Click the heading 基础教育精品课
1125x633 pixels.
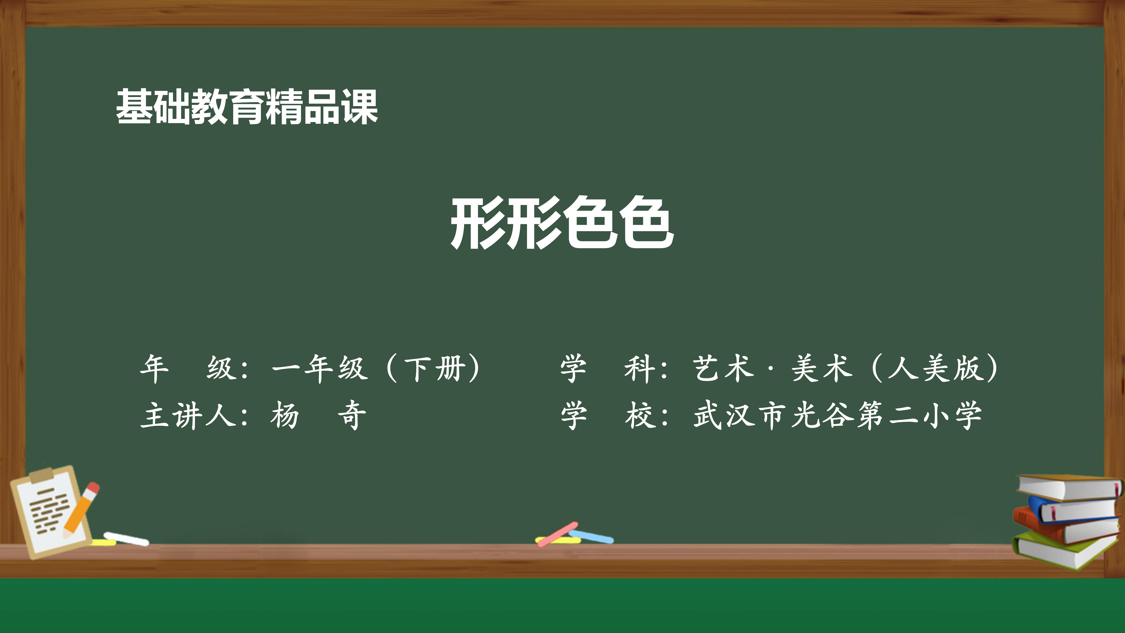[x=247, y=107]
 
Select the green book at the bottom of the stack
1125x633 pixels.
[x=1066, y=550]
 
